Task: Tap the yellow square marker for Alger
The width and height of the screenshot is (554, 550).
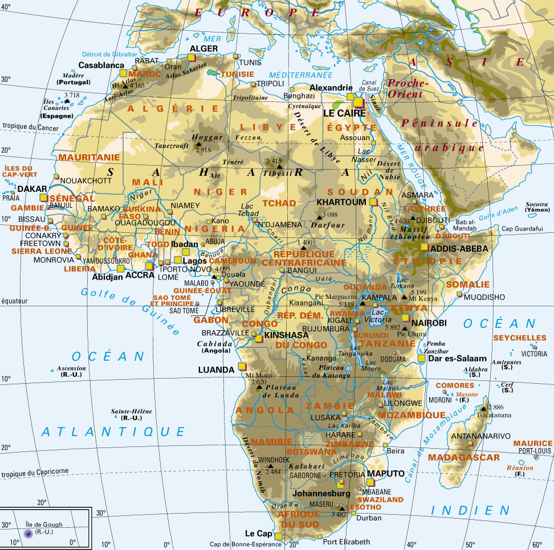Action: [192, 57]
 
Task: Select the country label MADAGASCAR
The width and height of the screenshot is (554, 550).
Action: [463, 457]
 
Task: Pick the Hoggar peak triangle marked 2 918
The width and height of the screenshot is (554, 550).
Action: [199, 145]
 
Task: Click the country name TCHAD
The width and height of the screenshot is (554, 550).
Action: [279, 203]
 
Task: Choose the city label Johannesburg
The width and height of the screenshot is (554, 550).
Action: [321, 493]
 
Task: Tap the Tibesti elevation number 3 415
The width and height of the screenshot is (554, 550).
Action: [274, 161]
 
